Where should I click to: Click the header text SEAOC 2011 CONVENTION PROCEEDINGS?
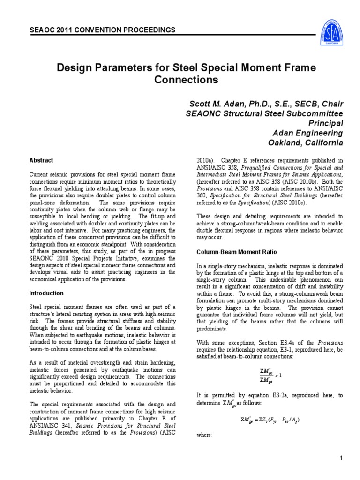point(102,30)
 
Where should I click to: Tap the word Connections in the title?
point(186,80)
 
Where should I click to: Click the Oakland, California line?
point(305,142)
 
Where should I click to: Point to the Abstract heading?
point(41,160)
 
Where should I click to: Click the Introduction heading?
point(46,293)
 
